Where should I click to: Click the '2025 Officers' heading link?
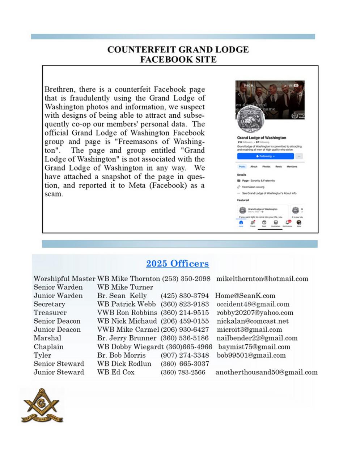pos(177,264)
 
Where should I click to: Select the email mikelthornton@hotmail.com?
pos(262,279)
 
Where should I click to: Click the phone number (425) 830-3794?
pos(185,296)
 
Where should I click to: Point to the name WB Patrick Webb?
pos(126,304)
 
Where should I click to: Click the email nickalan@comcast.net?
pos(253,321)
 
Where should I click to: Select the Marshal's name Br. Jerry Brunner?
pos(127,338)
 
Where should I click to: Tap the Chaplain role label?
pos(48,347)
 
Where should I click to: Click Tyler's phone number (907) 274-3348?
pos(185,355)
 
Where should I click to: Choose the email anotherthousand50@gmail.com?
pos(266,372)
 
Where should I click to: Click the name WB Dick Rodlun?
pos(124,364)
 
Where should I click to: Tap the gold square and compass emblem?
pos(42,406)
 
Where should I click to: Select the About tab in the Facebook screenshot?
pos(254,167)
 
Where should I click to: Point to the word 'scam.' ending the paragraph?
pos(54,194)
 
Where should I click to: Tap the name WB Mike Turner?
pos(125,287)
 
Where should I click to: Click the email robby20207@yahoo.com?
pos(255,312)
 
